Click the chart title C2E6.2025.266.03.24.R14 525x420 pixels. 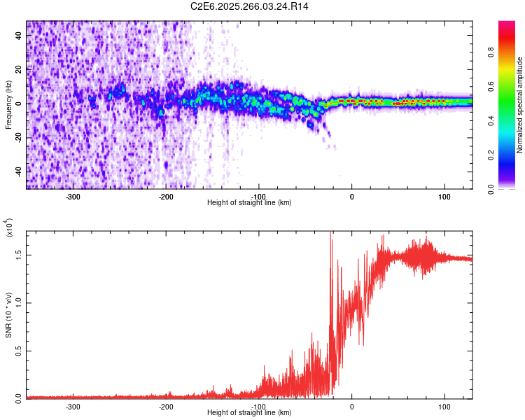tap(250, 6)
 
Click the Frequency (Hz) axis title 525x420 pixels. tap(8, 105)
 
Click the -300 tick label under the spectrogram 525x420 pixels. tap(73, 197)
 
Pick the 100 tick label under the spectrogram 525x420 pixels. tap(444, 197)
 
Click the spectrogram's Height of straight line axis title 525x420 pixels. tap(249, 202)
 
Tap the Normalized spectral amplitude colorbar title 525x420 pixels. tap(520, 105)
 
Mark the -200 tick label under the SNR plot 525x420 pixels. tap(166, 407)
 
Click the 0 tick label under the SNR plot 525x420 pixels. tap(352, 407)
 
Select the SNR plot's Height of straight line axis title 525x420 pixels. tap(249, 412)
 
